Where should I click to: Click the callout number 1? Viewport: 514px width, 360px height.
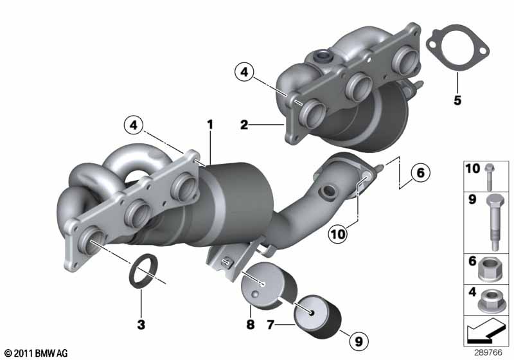coord(210,125)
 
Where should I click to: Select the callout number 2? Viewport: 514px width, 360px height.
coord(244,125)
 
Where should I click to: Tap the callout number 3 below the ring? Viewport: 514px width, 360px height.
coord(141,325)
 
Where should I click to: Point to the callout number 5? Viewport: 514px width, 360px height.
coord(457,100)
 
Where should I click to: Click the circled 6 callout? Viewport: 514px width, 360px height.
coord(420,172)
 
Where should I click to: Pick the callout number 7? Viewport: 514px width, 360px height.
coord(270,325)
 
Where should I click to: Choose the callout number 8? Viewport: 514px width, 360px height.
coord(250,325)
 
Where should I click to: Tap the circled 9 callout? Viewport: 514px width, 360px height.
coord(359,341)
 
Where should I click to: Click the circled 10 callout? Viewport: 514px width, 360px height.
coord(339,234)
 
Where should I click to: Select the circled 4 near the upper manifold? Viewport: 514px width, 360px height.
coord(244,72)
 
